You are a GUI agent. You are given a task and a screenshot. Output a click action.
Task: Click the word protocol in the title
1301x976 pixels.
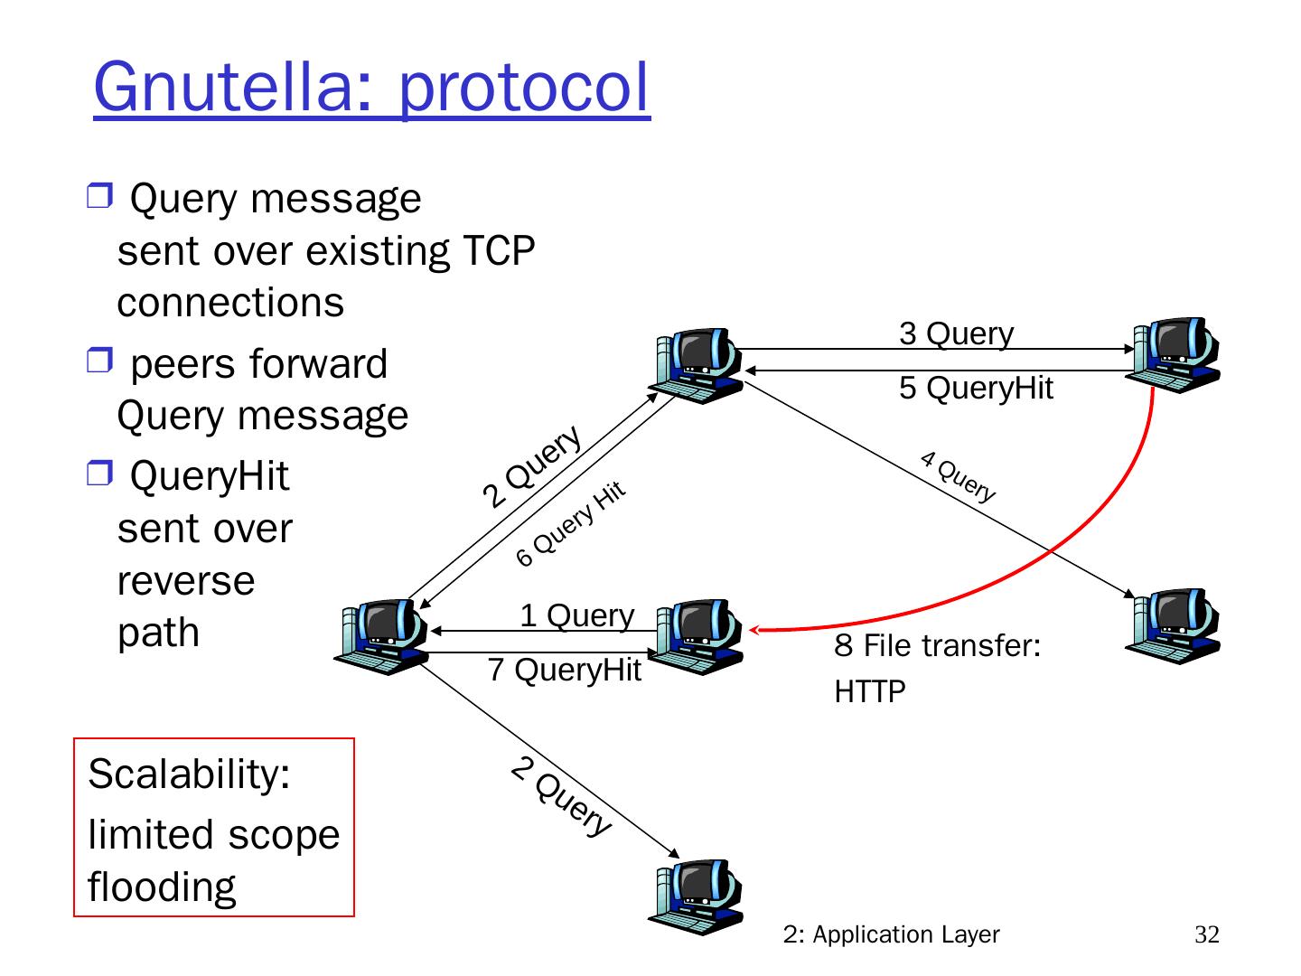tap(523, 88)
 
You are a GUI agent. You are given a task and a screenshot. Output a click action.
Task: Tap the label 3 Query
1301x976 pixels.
tap(956, 333)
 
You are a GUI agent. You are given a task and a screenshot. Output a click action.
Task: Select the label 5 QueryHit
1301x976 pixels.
tap(976, 388)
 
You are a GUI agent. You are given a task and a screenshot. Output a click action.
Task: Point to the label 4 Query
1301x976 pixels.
tap(958, 475)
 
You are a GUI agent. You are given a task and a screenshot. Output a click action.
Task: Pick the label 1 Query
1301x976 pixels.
tap(576, 615)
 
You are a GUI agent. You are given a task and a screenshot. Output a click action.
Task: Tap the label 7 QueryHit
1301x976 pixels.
tap(564, 671)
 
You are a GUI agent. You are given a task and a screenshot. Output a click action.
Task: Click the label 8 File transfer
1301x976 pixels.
tap(938, 646)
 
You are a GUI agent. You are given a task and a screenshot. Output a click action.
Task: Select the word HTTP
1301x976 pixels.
tap(869, 692)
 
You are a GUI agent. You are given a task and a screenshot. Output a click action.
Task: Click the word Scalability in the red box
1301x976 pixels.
tap(189, 774)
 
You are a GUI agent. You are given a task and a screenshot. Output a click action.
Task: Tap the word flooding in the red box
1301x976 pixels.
tap(162, 887)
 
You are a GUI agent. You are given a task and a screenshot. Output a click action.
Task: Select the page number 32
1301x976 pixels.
tap(1206, 934)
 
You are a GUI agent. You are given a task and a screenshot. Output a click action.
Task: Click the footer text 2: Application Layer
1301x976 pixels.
tap(891, 934)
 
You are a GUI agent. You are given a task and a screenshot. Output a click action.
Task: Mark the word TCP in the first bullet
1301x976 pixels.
tap(499, 250)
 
